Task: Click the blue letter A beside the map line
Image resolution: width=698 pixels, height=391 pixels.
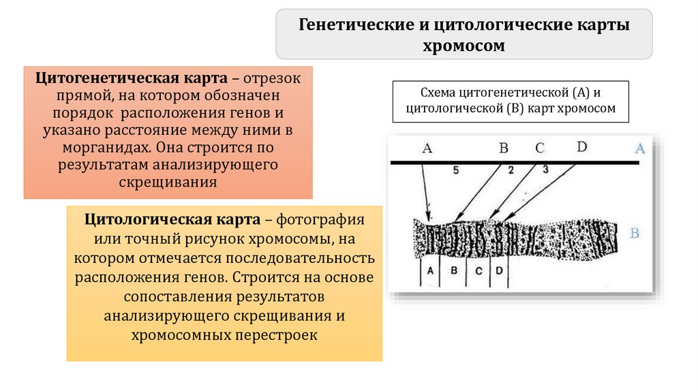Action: pos(639,148)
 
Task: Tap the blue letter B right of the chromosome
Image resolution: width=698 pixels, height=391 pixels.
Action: pos(635,234)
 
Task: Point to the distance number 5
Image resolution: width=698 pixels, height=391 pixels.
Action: pos(455,171)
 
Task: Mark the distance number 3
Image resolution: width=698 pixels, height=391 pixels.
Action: pos(545,170)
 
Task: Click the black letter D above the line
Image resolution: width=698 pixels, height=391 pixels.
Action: pos(581,146)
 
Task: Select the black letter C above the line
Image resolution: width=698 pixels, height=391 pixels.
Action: pos(539,148)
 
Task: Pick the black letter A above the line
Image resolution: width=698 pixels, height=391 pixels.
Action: pos(427,148)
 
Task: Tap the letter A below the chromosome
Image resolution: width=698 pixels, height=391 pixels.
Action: pos(429,270)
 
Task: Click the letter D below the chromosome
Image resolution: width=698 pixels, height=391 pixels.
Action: pos(499,270)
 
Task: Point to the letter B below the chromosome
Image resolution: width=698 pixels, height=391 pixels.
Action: pos(453,270)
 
